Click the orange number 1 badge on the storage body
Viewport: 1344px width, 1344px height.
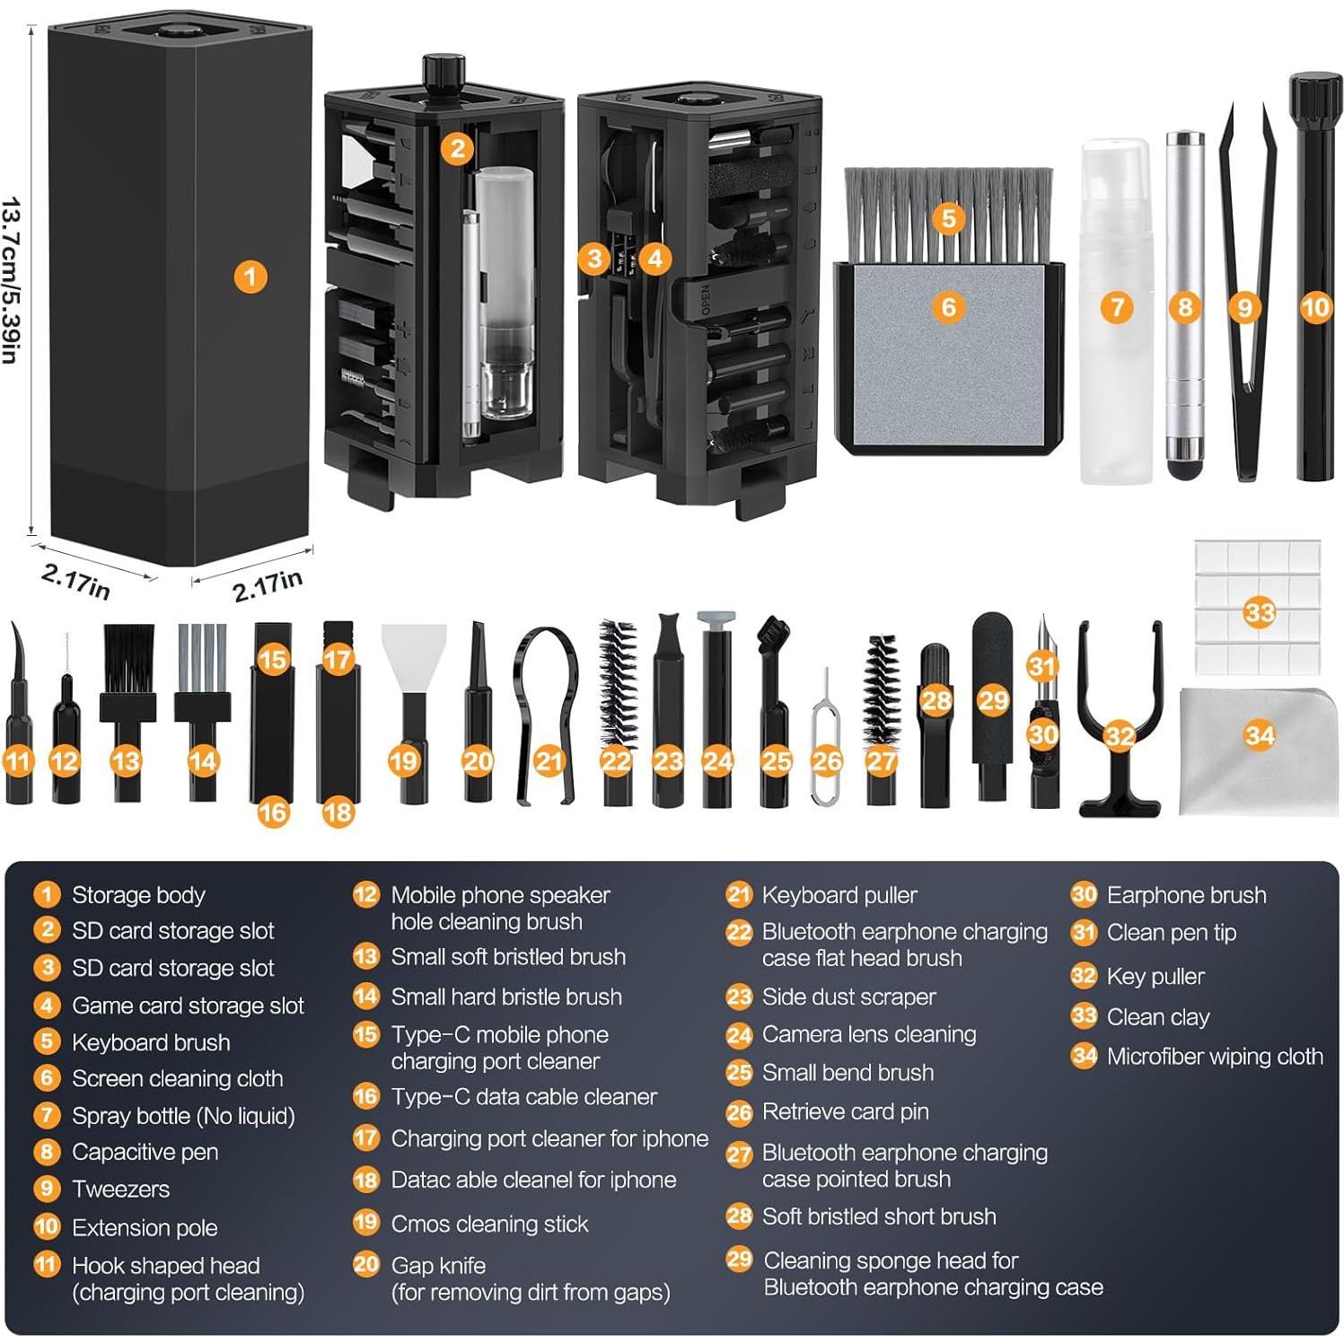pos(250,277)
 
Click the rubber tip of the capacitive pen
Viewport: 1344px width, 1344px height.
pos(1184,467)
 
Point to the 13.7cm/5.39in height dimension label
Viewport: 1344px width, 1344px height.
pos(11,280)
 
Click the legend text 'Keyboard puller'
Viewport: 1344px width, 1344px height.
pos(839,895)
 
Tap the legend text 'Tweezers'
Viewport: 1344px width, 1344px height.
pos(120,1189)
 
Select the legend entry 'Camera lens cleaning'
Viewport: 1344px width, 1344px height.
pos(868,1034)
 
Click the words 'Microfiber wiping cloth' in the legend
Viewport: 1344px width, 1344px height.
pos(1214,1057)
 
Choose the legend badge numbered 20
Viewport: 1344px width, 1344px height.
pos(365,1264)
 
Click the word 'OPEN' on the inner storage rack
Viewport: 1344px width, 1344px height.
pos(706,299)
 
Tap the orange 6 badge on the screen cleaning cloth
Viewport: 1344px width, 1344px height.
pos(948,307)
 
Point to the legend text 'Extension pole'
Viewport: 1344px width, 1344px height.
pos(145,1227)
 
